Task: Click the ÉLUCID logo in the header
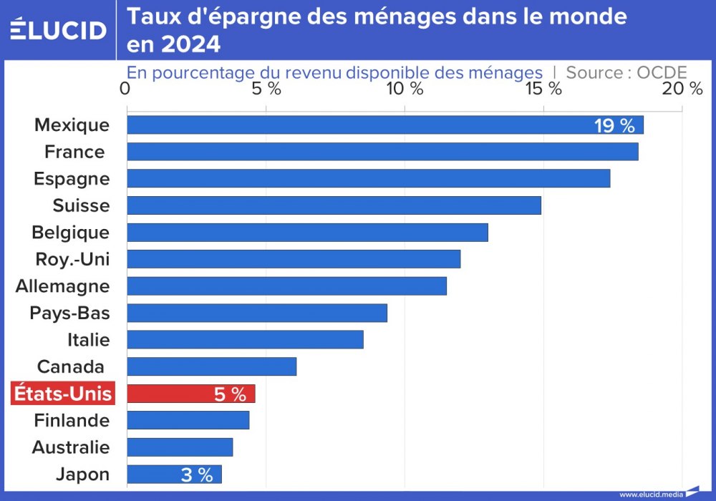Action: [58, 29]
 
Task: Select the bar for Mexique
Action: [385, 125]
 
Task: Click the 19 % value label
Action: [614, 126]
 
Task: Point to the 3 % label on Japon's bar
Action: [196, 475]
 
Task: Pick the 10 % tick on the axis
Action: [405, 89]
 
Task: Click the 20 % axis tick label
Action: [682, 89]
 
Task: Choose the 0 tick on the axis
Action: [126, 89]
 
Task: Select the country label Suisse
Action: [81, 206]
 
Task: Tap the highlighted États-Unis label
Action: [63, 394]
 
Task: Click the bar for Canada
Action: [211, 366]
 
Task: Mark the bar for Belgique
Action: [307, 233]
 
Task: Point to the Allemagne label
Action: [63, 286]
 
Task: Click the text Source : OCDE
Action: [626, 72]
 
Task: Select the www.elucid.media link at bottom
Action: [651, 494]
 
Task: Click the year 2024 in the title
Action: [190, 45]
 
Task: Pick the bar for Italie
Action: [245, 340]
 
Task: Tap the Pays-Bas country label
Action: [69, 313]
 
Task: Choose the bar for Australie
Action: [180, 447]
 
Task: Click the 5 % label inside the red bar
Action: [230, 394]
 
